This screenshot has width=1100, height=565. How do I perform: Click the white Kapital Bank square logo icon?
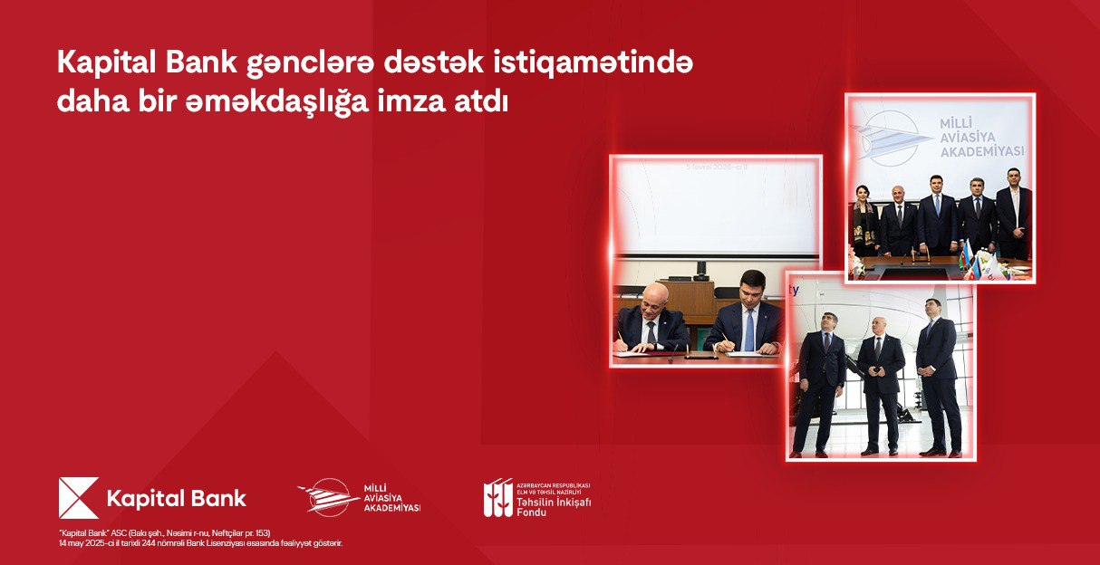tap(78, 498)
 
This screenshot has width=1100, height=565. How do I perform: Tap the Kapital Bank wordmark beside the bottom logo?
tap(177, 499)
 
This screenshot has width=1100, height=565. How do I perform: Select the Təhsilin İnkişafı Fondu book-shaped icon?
tap(497, 498)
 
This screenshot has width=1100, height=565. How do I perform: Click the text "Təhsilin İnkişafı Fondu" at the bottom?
tap(553, 503)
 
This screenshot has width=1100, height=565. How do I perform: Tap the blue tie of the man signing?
tap(749, 330)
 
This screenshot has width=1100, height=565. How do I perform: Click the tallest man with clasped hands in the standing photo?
tap(937, 371)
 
